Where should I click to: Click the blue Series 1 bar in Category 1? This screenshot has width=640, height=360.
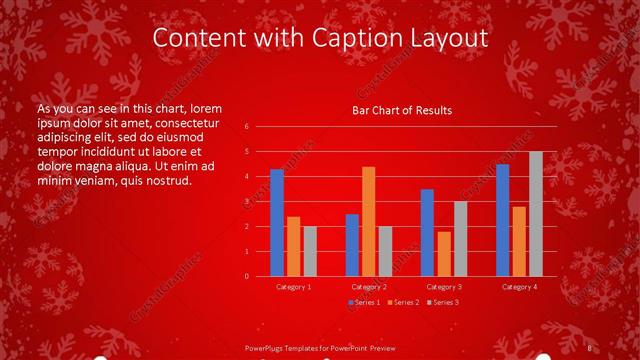click(277, 223)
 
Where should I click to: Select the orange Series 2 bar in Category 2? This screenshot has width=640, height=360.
click(368, 221)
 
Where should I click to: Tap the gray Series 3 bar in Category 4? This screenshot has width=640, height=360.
click(535, 214)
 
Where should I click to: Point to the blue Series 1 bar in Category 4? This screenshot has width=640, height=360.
click(502, 220)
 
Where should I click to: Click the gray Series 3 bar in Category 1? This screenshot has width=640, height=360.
click(310, 251)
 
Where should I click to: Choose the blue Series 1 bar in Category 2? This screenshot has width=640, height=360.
click(352, 245)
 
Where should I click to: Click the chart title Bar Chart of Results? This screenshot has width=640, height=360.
click(402, 110)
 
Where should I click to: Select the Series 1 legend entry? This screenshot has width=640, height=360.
click(364, 302)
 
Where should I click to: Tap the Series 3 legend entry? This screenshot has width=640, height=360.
click(442, 302)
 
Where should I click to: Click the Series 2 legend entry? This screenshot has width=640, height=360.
click(403, 302)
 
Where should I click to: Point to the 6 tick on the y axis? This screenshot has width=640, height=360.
click(246, 127)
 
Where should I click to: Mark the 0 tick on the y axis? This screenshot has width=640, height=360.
click(246, 277)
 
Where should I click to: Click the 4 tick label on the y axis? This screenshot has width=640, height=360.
click(246, 177)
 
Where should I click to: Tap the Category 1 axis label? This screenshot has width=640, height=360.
click(293, 287)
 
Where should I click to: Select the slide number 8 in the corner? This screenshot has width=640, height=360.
click(590, 347)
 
